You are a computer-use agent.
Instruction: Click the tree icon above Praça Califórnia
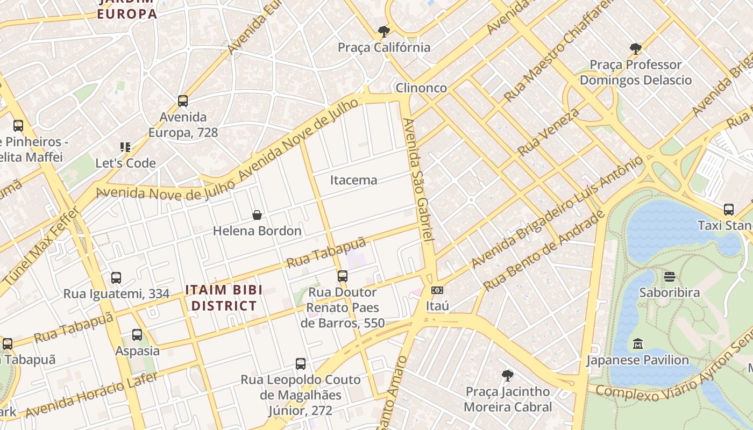(383, 32)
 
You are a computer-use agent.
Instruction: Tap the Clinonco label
(421, 88)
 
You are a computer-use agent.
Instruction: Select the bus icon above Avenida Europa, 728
(183, 101)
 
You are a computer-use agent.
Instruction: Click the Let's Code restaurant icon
(125, 147)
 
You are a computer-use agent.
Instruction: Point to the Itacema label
(353, 180)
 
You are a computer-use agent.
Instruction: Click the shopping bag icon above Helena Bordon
(257, 215)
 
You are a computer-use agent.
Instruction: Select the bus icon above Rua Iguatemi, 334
(116, 278)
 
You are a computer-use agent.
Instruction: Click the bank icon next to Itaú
(437, 290)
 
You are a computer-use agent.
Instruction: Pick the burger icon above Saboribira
(670, 277)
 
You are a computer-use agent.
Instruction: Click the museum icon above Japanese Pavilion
(638, 343)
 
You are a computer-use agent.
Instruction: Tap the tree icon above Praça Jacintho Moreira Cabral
(507, 375)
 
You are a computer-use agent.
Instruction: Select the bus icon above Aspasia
(137, 335)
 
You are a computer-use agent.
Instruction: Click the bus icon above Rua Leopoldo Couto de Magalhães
(301, 364)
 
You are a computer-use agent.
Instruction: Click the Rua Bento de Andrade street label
(543, 251)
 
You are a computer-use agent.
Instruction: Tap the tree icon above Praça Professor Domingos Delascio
(636, 49)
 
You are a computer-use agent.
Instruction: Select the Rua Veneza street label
(549, 132)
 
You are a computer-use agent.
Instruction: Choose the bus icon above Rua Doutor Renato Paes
(343, 276)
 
